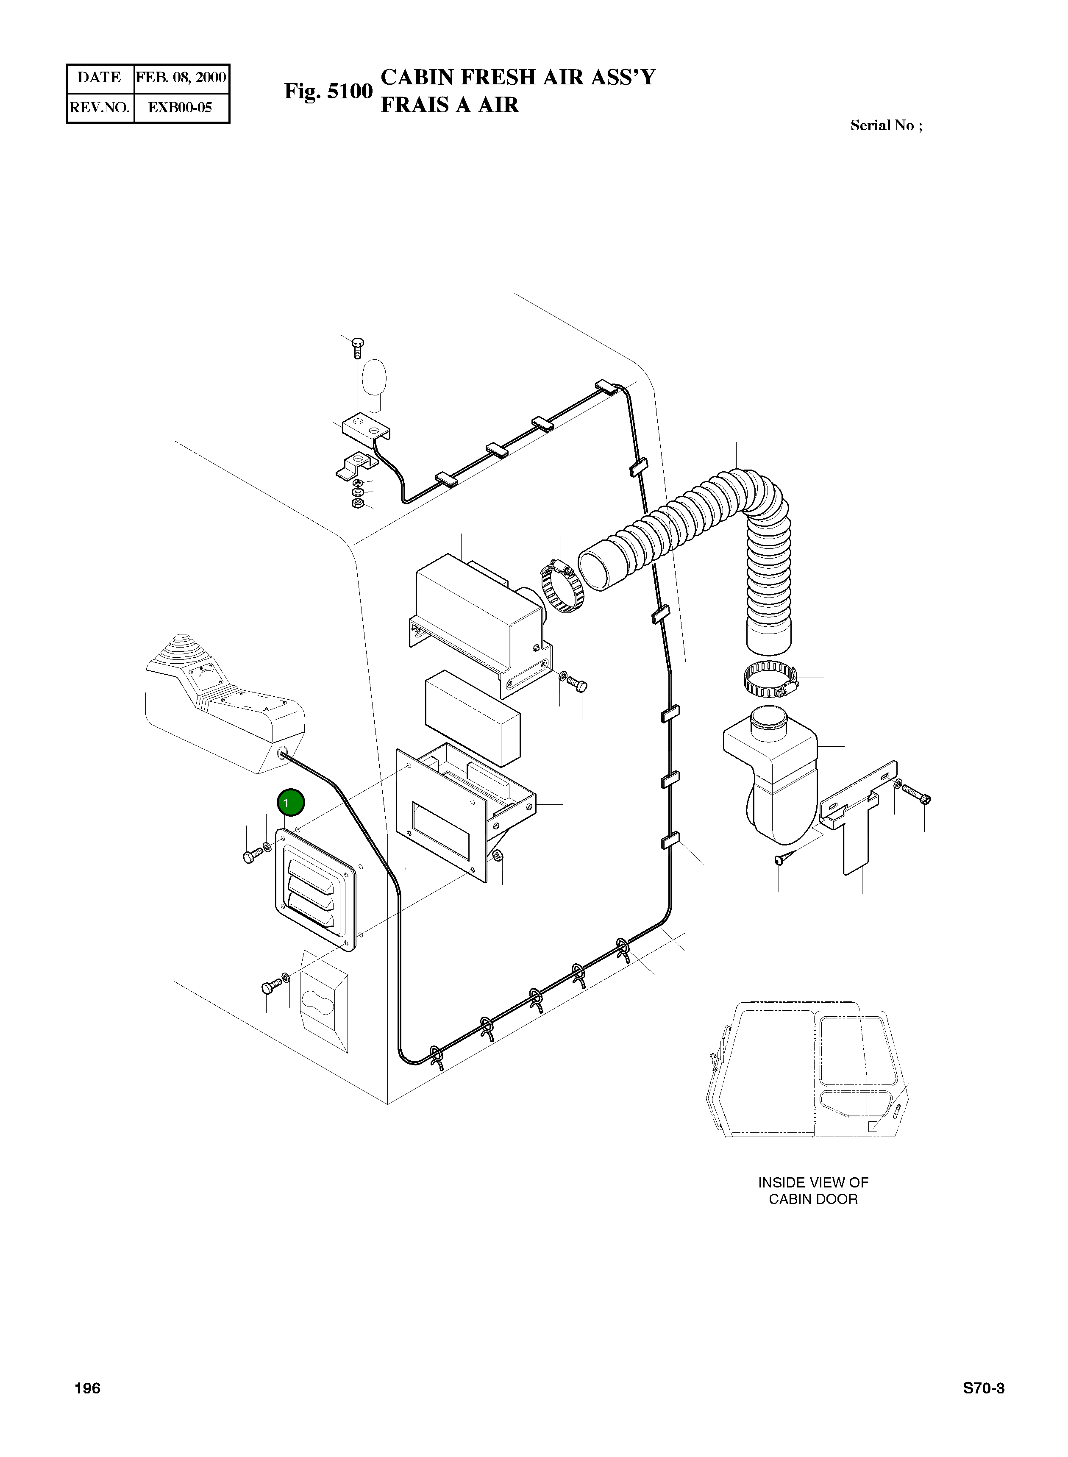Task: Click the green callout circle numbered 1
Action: coord(290,803)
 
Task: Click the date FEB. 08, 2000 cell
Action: coord(181,78)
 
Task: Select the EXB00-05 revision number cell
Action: coord(181,107)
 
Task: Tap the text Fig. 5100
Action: coord(328,91)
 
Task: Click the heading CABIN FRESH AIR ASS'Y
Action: coord(518,77)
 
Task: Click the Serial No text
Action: coord(886,125)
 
